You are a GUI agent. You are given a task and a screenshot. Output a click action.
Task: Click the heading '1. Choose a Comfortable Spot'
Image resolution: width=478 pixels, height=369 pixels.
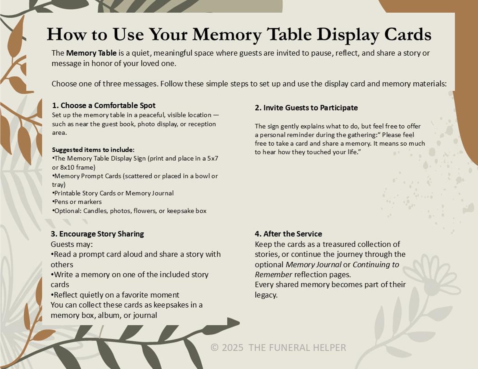tap(104, 106)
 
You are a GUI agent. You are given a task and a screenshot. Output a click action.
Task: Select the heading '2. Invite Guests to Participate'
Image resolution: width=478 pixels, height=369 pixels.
tap(306, 108)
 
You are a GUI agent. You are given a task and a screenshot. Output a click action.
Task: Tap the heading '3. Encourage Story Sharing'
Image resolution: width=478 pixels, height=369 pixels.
tap(97, 234)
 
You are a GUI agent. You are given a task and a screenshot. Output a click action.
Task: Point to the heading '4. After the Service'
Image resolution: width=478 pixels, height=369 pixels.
tap(288, 234)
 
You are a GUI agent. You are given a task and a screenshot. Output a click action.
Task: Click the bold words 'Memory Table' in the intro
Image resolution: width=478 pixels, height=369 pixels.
tap(91, 53)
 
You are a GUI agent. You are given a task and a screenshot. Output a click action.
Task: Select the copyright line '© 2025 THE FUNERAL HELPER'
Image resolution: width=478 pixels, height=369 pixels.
tap(278, 348)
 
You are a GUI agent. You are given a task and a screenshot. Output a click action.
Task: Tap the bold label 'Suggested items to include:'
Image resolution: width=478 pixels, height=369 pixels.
tap(93, 150)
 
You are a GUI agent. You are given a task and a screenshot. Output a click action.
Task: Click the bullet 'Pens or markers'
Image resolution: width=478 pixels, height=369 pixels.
tap(77, 202)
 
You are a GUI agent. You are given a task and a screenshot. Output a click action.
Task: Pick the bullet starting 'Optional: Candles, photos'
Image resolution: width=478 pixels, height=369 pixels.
tap(130, 211)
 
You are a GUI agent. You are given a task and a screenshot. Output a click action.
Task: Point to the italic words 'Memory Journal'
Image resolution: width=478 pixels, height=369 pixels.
tap(313, 265)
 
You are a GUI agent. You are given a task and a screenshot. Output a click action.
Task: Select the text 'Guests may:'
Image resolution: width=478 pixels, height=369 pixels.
tap(72, 244)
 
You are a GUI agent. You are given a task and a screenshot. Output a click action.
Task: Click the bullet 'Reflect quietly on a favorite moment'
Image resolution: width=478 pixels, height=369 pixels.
tap(116, 295)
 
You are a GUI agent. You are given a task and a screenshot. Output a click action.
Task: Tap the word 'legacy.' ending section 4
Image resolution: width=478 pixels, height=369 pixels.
tap(266, 295)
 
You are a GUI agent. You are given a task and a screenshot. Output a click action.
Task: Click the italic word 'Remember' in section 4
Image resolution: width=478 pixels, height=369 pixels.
tap(273, 275)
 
